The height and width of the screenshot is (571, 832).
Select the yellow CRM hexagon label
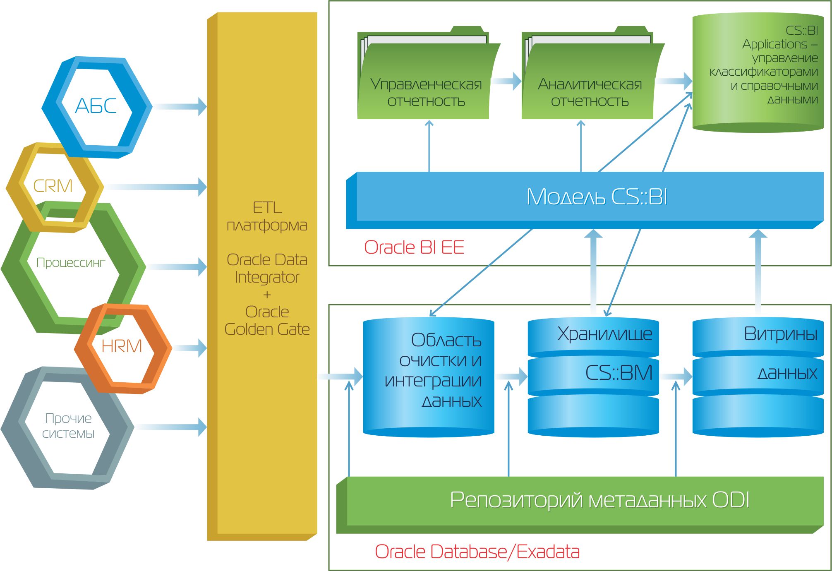coord(53,186)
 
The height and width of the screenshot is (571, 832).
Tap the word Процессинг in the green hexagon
coord(71,263)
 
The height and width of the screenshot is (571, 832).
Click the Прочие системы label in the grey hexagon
coord(68,426)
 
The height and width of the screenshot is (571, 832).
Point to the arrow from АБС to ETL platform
coord(180,107)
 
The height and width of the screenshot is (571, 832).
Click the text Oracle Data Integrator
coord(267,269)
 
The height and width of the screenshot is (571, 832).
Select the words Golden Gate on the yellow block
coord(267,329)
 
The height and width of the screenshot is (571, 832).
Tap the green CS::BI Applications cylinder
coord(758,72)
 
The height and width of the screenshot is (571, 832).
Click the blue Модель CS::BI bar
coord(585,200)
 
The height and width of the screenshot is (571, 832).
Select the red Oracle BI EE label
coord(414,247)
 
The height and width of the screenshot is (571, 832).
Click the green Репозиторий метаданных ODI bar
coord(580,505)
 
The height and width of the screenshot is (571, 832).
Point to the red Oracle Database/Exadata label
coord(477,552)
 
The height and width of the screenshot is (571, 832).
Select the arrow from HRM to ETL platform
coord(190,348)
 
